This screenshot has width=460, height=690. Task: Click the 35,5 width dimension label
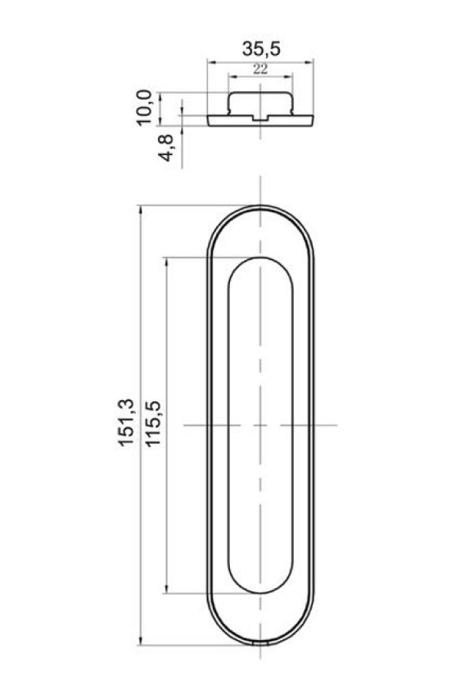[261, 49]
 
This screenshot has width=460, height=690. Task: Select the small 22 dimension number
[260, 69]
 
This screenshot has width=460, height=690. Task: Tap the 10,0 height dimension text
[144, 107]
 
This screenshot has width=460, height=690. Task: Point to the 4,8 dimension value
[168, 148]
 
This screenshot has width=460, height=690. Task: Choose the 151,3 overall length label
[126, 423]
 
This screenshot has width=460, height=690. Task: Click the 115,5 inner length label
[153, 424]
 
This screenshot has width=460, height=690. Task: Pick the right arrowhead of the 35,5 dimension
[310, 63]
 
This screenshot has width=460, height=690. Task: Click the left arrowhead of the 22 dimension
[232, 77]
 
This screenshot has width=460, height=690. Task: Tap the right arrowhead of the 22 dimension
[289, 77]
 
